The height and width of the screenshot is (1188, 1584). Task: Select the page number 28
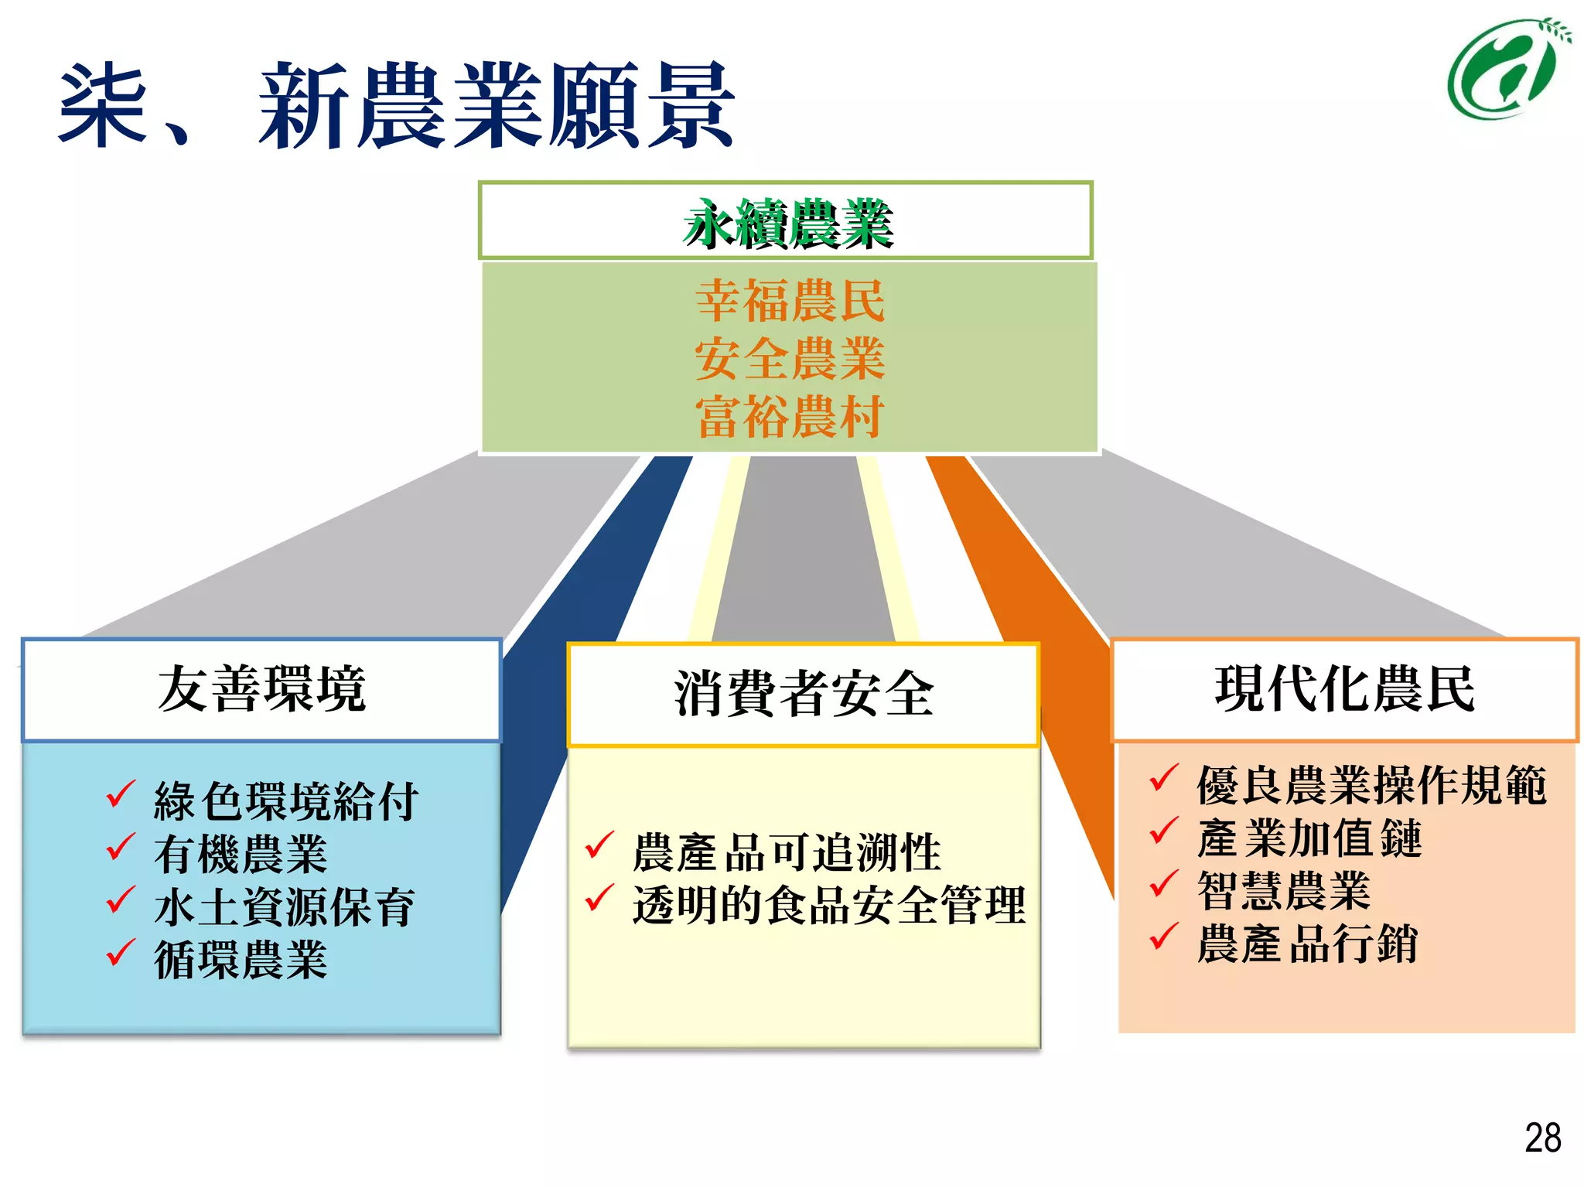[1542, 1138]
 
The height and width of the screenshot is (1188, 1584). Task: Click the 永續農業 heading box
[786, 221]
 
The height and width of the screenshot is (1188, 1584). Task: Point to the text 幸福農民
[790, 301]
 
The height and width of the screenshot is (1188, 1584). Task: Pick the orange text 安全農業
[790, 359]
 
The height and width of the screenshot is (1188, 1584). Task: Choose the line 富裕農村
[790, 417]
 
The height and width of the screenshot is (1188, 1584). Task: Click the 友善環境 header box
[261, 689]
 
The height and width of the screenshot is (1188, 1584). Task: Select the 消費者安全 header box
[804, 694]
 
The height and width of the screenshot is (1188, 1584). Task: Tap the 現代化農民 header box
[1345, 689]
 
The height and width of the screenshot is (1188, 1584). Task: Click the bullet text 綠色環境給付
[286, 801]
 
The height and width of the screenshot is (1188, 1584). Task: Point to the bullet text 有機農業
[241, 855]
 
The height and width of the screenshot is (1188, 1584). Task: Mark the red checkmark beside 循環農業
[121, 953]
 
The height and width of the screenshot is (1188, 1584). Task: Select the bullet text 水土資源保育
[285, 907]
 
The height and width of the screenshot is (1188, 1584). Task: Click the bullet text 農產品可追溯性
[787, 852]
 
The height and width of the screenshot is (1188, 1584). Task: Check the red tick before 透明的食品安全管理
[599, 898]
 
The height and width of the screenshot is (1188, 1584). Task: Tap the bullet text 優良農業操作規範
[1371, 785]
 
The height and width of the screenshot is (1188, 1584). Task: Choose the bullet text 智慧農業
[1284, 891]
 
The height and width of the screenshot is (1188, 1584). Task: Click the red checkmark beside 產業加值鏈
[1163, 831]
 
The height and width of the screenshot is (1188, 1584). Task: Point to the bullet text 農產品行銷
[1307, 944]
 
